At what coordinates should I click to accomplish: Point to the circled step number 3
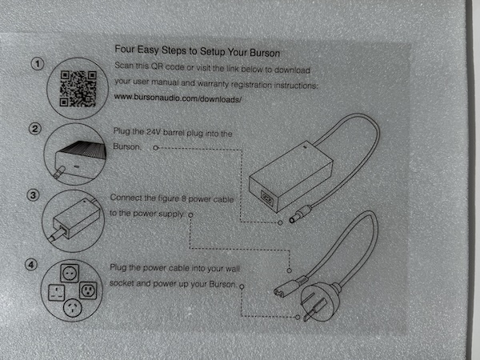34,194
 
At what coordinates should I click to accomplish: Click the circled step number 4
34,262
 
